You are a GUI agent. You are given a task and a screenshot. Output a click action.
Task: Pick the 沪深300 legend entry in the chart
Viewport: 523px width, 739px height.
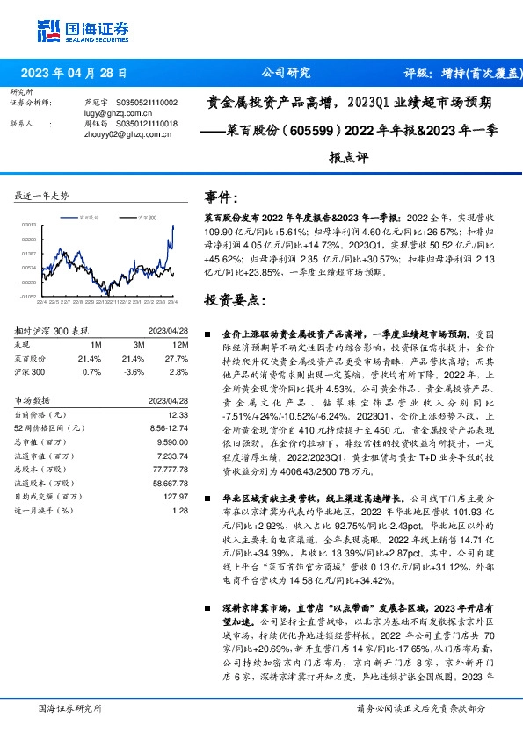pos(147,217)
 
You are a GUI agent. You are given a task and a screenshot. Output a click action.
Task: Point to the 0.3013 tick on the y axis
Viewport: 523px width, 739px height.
pos(28,226)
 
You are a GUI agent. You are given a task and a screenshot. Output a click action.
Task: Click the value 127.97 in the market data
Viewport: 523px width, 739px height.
pos(176,496)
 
